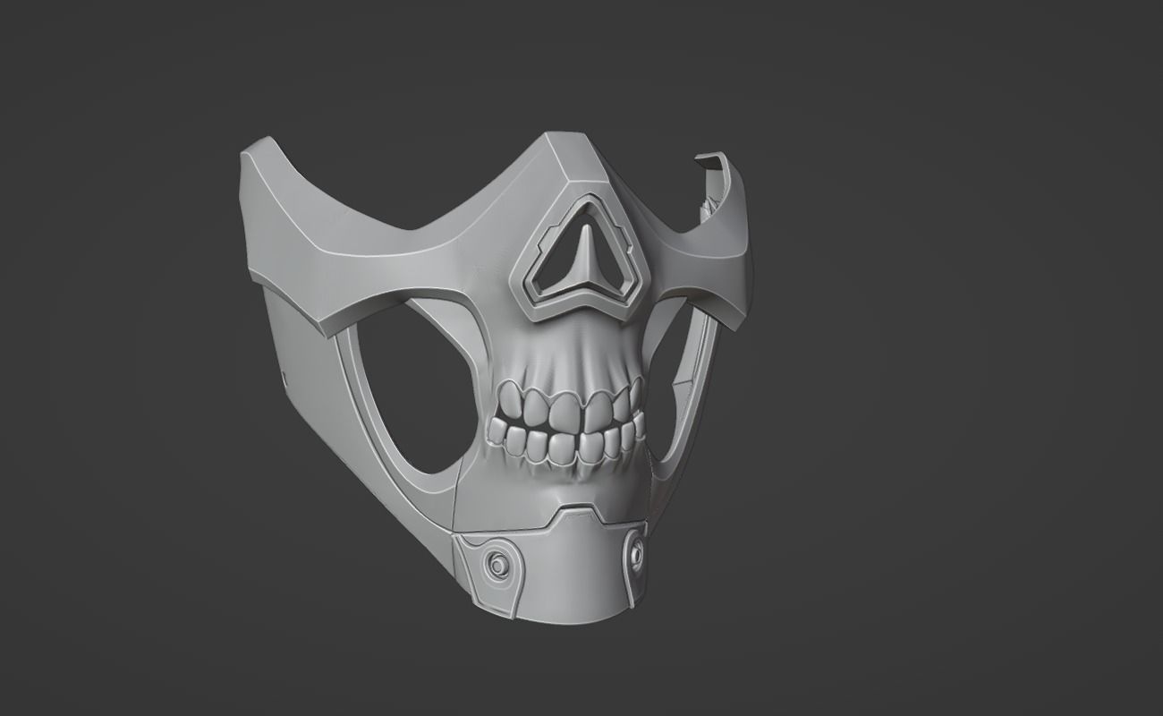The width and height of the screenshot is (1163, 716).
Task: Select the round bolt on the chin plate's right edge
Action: [x=636, y=553]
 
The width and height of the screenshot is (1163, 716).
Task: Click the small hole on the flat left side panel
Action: [x=284, y=371]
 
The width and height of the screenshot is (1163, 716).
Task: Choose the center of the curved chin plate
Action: [x=564, y=568]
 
